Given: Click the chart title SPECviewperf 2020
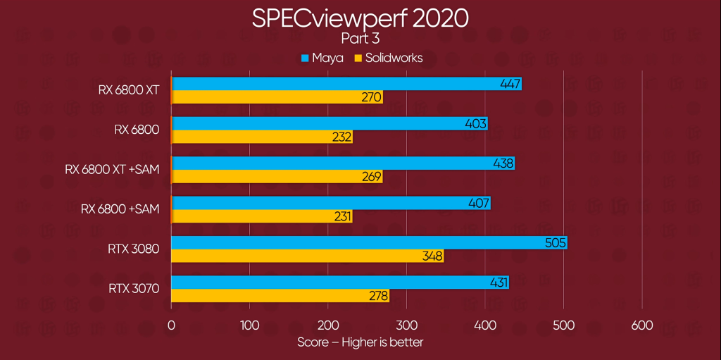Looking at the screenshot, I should point(360,18).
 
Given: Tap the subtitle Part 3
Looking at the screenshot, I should point(360,39).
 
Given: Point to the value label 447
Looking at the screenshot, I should point(510,85).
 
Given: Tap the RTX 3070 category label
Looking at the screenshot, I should point(134,288).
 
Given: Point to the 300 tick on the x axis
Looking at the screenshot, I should point(406,325).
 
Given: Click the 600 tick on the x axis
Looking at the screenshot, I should point(641,325).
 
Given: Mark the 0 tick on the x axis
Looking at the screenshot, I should point(171,325).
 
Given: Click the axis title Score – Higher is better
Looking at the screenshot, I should point(360,342).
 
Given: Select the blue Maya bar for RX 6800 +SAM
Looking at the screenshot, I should point(330,204).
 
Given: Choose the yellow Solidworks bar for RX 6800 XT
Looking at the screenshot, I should point(277,97).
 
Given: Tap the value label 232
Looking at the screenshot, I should point(341,137).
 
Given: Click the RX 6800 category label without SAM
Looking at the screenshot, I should point(137,130).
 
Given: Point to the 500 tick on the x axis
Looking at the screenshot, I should point(563,325).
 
